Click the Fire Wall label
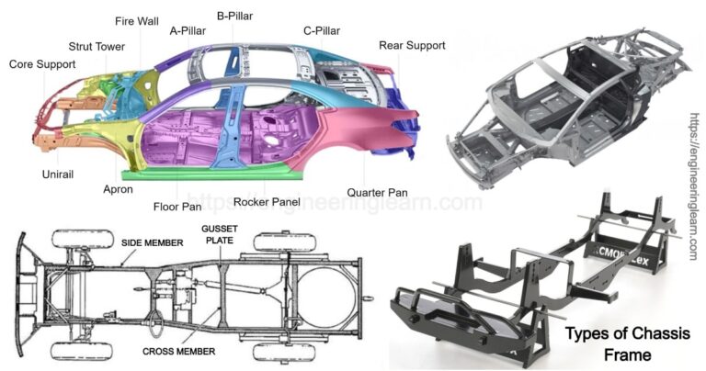click(136, 21)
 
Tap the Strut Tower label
click(98, 46)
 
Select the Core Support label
click(42, 64)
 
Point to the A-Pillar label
click(187, 29)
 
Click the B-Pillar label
click(234, 16)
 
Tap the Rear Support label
click(412, 45)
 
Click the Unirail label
click(58, 173)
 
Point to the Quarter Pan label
click(377, 193)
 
